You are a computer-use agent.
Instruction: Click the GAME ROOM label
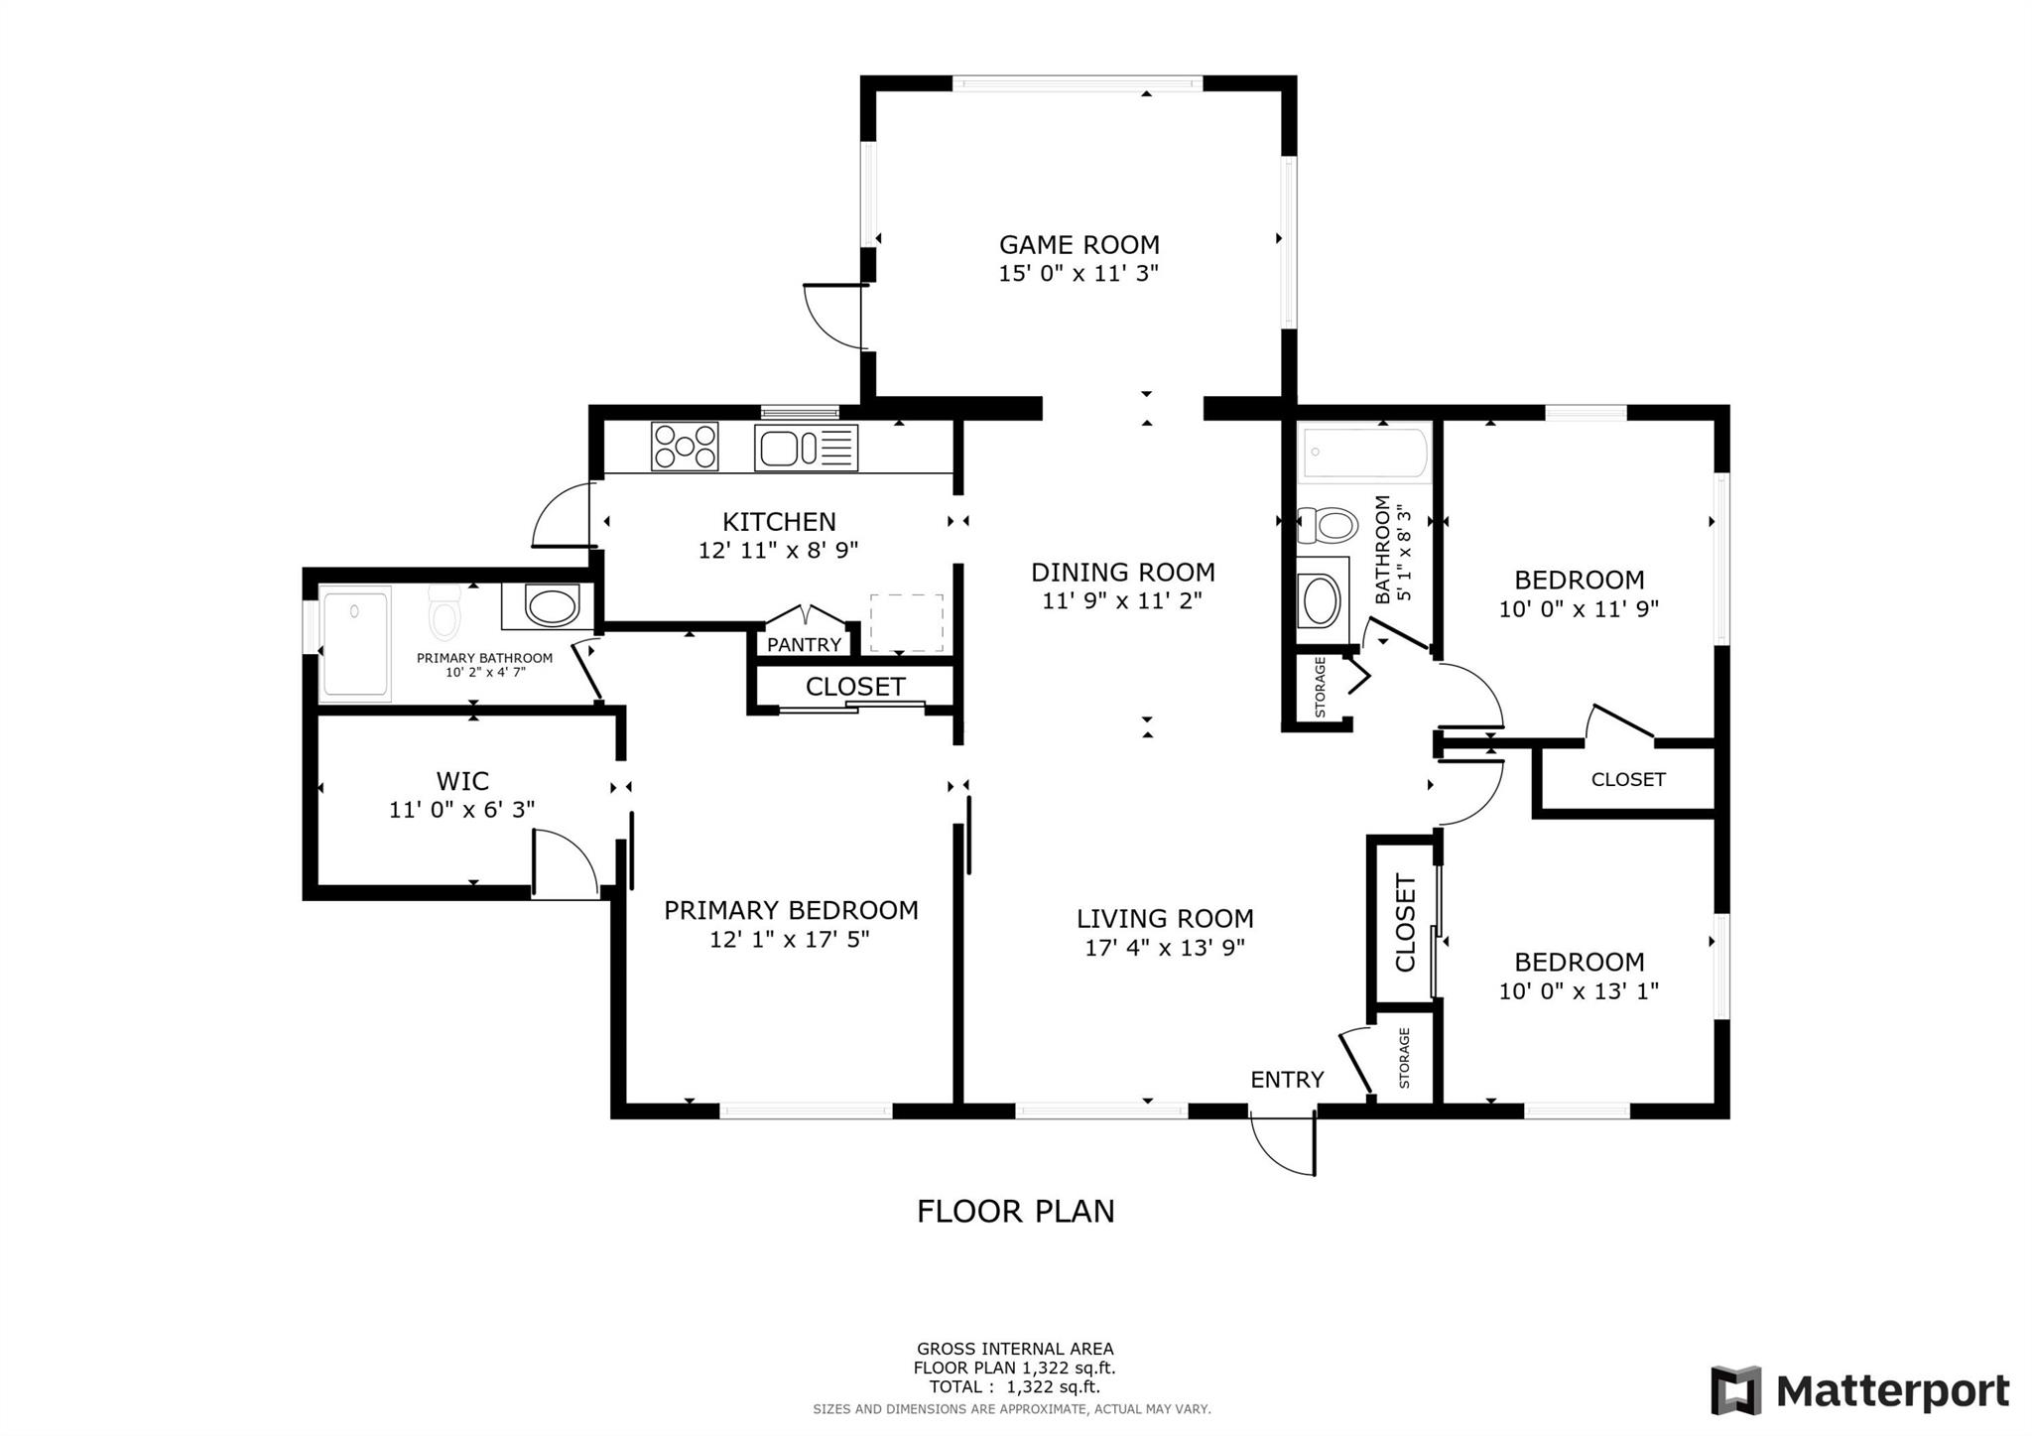pyautogui.click(x=1079, y=244)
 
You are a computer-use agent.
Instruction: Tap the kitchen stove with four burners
pyautogui.click(x=684, y=447)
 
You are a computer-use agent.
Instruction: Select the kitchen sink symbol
pyautogui.click(x=805, y=448)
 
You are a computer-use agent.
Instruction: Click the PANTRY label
pyautogui.click(x=804, y=645)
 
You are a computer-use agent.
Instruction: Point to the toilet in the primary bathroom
pyautogui.click(x=445, y=612)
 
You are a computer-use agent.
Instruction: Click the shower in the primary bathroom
pyautogui.click(x=354, y=643)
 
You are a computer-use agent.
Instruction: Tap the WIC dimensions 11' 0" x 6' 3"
pyautogui.click(x=461, y=810)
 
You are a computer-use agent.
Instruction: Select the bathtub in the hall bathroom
pyautogui.click(x=1364, y=454)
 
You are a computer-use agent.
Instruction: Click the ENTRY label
pyautogui.click(x=1286, y=1080)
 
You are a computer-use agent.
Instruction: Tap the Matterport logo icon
pyautogui.click(x=1735, y=1390)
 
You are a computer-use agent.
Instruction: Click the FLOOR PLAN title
pyautogui.click(x=1015, y=1212)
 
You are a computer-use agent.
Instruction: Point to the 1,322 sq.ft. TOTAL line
pyautogui.click(x=1014, y=1387)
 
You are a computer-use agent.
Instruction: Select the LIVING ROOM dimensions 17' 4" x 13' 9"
pyautogui.click(x=1164, y=948)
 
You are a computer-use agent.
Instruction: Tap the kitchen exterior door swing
pyautogui.click(x=563, y=516)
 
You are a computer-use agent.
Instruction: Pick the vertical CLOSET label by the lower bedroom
pyautogui.click(x=1405, y=922)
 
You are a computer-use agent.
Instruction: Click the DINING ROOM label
pyautogui.click(x=1122, y=573)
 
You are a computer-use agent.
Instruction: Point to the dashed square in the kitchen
pyautogui.click(x=906, y=623)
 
